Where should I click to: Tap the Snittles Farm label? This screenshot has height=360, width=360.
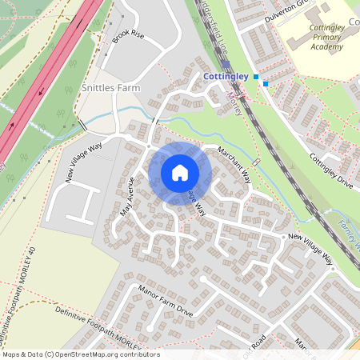(x=111, y=87)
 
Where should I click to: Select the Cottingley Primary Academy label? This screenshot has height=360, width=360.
(x=326, y=37)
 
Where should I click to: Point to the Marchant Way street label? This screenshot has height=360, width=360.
(x=241, y=166)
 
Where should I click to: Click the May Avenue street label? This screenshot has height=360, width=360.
(x=126, y=197)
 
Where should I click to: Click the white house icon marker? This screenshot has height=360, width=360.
(x=180, y=173)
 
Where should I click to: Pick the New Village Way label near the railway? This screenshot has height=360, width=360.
(x=310, y=248)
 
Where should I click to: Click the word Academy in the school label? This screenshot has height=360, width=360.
(x=326, y=46)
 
